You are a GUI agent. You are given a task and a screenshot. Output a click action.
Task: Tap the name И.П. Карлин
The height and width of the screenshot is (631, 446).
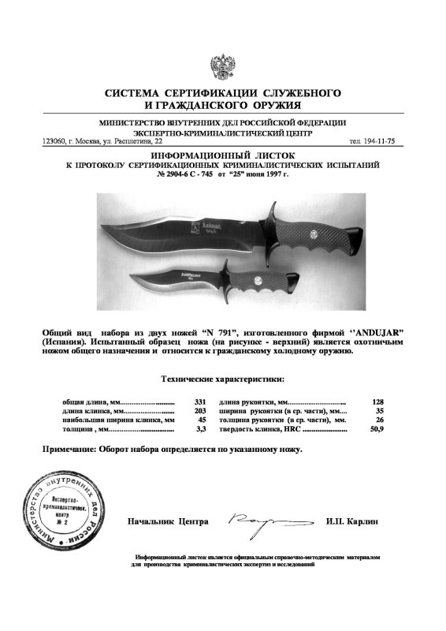point(351,522)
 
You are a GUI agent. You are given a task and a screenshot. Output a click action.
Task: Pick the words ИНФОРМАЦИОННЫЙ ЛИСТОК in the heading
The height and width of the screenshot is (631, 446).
point(221,155)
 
